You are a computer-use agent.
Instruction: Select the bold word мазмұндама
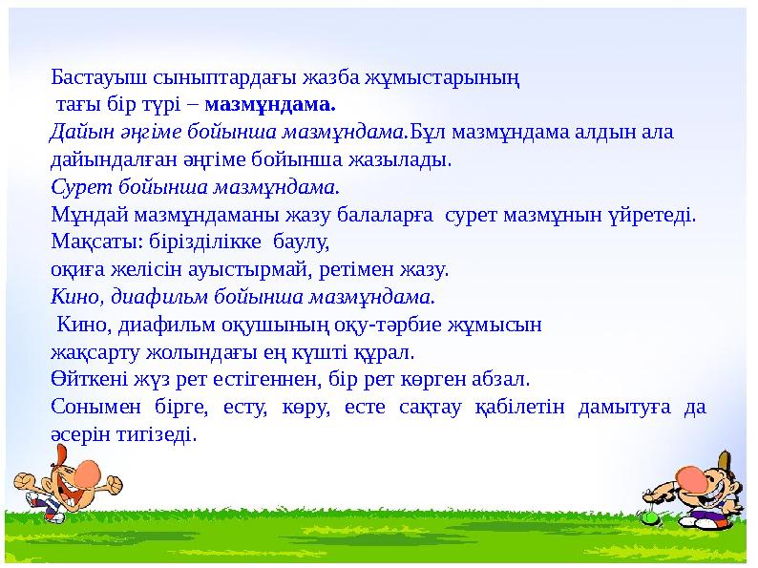[270, 104]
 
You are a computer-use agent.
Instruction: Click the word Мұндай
[90, 215]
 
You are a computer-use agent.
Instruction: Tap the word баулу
[301, 242]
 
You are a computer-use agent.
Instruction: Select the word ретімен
[357, 269]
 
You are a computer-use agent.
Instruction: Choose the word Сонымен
[95, 407]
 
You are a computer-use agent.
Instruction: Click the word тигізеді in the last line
[158, 434]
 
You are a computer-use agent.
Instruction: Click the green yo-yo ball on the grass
[649, 517]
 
